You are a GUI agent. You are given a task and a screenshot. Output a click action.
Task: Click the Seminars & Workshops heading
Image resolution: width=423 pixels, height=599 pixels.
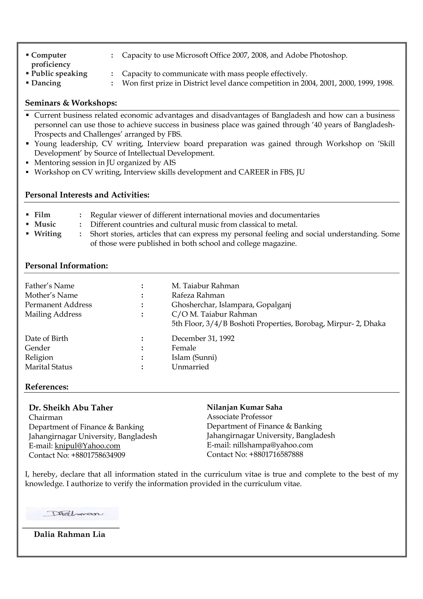pyautogui.click(x=71, y=103)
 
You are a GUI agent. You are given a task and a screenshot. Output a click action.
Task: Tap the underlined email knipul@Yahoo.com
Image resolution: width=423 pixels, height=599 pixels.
pyautogui.click(x=87, y=446)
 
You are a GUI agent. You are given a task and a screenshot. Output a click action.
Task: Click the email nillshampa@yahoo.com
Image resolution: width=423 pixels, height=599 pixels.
pyautogui.click(x=273, y=445)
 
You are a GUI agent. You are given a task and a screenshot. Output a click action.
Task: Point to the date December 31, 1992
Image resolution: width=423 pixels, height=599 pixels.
pyautogui.click(x=203, y=339)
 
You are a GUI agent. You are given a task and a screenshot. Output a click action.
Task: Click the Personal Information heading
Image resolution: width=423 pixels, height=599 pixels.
pyautogui.click(x=66, y=266)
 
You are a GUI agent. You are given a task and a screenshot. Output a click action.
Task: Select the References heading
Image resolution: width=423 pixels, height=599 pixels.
pyautogui.click(x=47, y=387)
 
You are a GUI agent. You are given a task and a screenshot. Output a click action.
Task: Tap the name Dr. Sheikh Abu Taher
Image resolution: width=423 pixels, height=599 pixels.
pyautogui.click(x=71, y=408)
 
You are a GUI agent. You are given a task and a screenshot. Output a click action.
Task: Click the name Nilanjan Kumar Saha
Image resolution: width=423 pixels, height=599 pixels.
pyautogui.click(x=245, y=407)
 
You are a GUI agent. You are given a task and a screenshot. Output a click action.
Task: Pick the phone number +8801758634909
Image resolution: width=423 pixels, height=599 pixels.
pyautogui.click(x=98, y=455)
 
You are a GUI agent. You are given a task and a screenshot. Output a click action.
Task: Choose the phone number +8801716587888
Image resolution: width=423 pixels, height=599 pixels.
pyautogui.click(x=276, y=455)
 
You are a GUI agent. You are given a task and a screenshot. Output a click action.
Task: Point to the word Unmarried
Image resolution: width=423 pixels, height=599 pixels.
pyautogui.click(x=190, y=367)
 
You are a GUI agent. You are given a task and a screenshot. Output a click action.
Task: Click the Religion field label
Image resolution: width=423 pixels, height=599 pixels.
pyautogui.click(x=39, y=357)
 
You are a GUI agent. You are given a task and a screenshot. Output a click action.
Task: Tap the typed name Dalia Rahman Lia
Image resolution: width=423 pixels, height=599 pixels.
pyautogui.click(x=70, y=534)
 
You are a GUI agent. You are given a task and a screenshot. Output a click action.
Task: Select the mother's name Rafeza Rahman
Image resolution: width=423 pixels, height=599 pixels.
pyautogui.click(x=198, y=295)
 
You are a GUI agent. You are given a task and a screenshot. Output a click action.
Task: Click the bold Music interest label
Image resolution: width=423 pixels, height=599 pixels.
pyautogui.click(x=45, y=224)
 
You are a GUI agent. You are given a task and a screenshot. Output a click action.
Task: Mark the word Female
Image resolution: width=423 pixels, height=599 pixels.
pyautogui.click(x=184, y=348)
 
